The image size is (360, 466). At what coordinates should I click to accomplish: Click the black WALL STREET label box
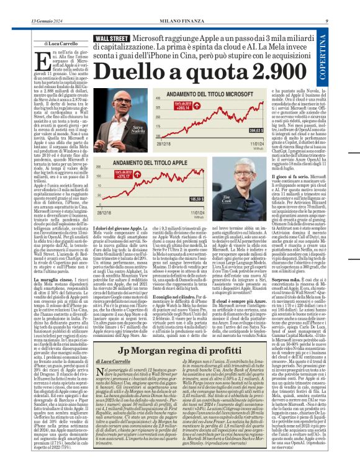tap(112, 38)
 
